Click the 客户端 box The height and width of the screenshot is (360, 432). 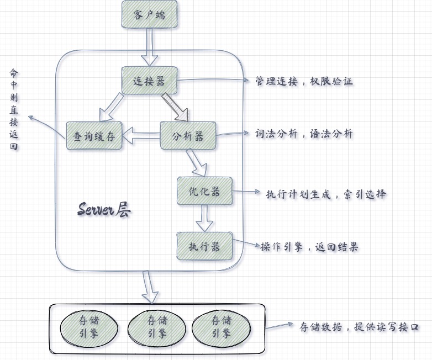(x=149, y=15)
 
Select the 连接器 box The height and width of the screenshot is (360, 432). (x=149, y=81)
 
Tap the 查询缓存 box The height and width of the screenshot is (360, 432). (x=93, y=135)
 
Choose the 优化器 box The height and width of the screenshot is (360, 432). (x=204, y=191)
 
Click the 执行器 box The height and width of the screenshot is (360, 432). (x=204, y=246)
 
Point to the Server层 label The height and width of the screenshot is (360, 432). (x=104, y=210)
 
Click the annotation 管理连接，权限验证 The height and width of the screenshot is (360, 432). (x=303, y=81)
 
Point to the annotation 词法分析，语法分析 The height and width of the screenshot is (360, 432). (x=304, y=134)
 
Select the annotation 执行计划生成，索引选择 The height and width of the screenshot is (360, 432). (x=326, y=194)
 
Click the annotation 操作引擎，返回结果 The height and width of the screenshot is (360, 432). (x=309, y=247)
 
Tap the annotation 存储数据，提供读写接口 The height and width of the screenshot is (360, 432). (x=359, y=327)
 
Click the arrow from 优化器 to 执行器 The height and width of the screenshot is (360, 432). (x=205, y=218)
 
